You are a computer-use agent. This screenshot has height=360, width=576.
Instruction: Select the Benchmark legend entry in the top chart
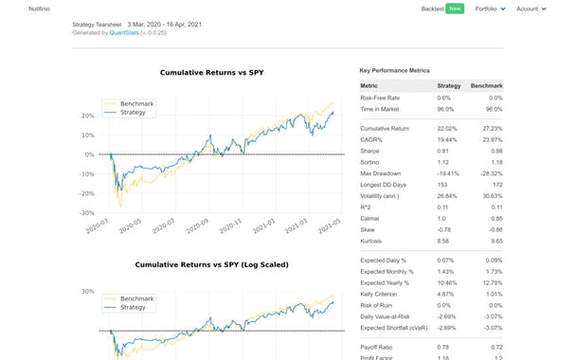tap(133, 102)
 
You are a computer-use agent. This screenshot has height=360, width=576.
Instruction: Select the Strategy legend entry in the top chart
tap(131, 111)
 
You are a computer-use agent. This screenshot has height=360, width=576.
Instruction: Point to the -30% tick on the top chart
tap(87, 214)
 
